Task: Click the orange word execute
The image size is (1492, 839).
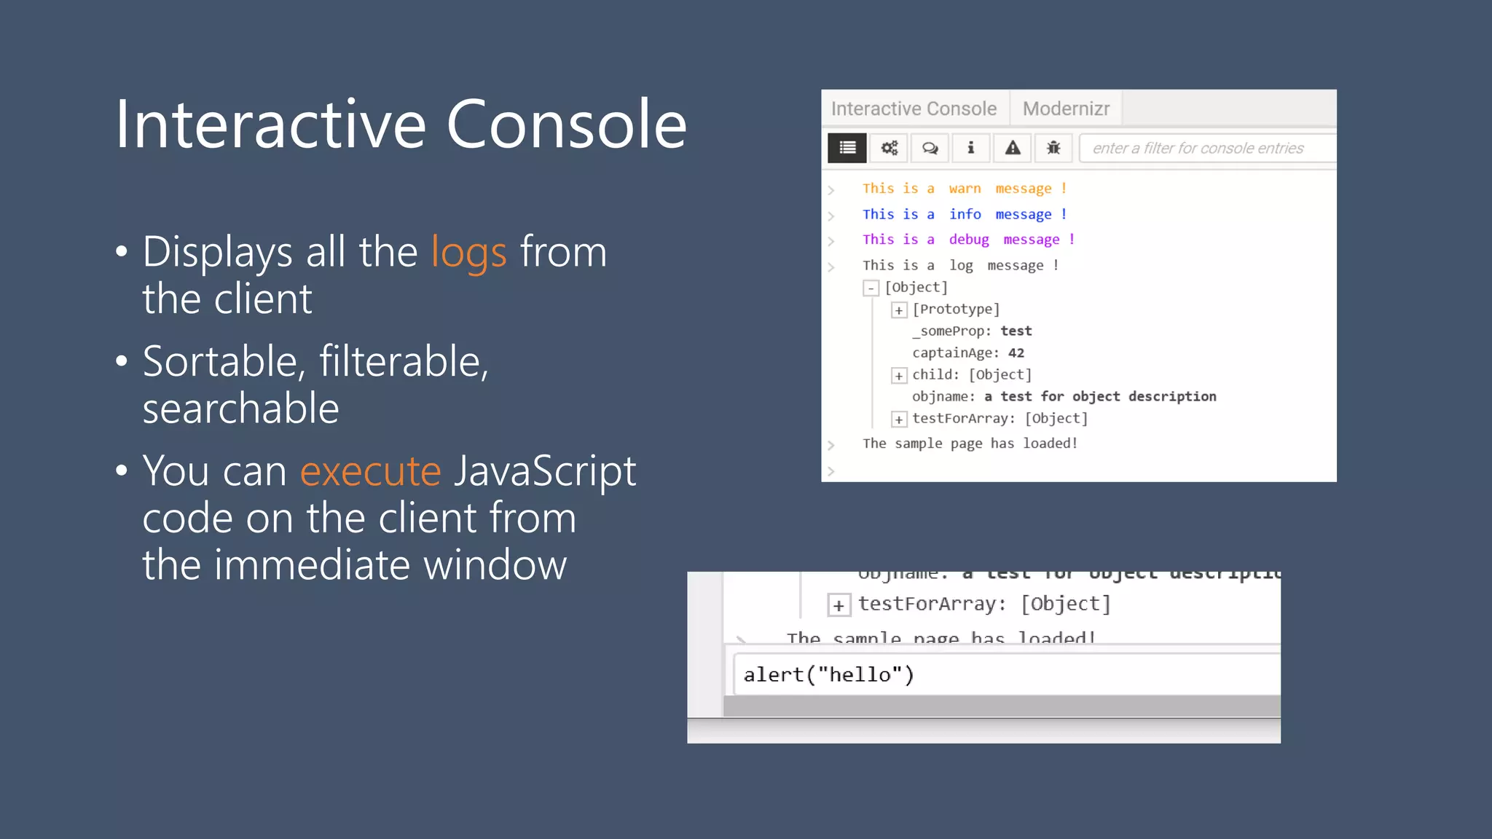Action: pyautogui.click(x=370, y=471)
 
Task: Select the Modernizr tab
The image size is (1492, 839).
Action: pyautogui.click(x=1066, y=109)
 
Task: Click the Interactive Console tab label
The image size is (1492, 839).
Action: pyautogui.click(x=914, y=109)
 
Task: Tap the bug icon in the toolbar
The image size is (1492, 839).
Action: pyautogui.click(x=1053, y=148)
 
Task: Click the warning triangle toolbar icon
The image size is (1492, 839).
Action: pyautogui.click(x=1013, y=148)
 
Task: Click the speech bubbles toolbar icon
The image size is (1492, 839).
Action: pyautogui.click(x=930, y=148)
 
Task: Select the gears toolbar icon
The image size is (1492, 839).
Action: pyautogui.click(x=889, y=148)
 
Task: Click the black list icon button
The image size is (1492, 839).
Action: pyautogui.click(x=847, y=148)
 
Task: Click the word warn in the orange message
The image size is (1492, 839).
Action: pyautogui.click(x=965, y=189)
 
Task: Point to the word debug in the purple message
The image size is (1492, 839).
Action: pyautogui.click(x=968, y=240)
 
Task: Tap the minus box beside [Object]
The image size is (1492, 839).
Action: pyautogui.click(x=871, y=288)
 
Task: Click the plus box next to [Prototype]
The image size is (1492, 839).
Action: pyautogui.click(x=899, y=310)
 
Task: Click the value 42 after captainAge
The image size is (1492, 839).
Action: pyautogui.click(x=1016, y=353)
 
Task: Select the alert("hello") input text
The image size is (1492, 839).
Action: pyautogui.click(x=828, y=674)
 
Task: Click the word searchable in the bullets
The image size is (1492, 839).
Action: pyautogui.click(x=240, y=408)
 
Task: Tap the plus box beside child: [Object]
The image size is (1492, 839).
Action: pyautogui.click(x=899, y=376)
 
